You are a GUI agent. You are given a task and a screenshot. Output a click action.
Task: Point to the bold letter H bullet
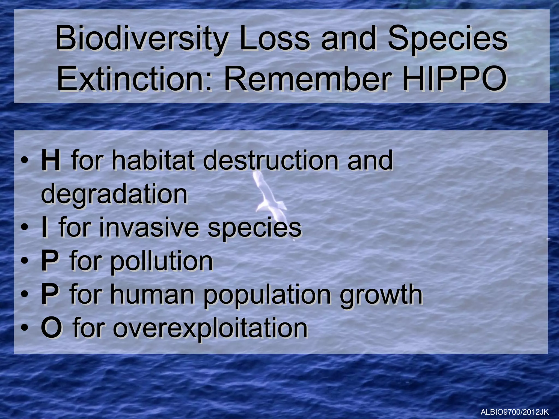50,161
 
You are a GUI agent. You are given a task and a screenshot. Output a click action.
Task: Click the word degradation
114,194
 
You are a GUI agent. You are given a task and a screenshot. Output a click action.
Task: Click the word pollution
161,261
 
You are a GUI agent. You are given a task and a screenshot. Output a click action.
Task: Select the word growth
381,295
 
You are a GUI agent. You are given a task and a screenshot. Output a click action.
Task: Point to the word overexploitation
210,328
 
